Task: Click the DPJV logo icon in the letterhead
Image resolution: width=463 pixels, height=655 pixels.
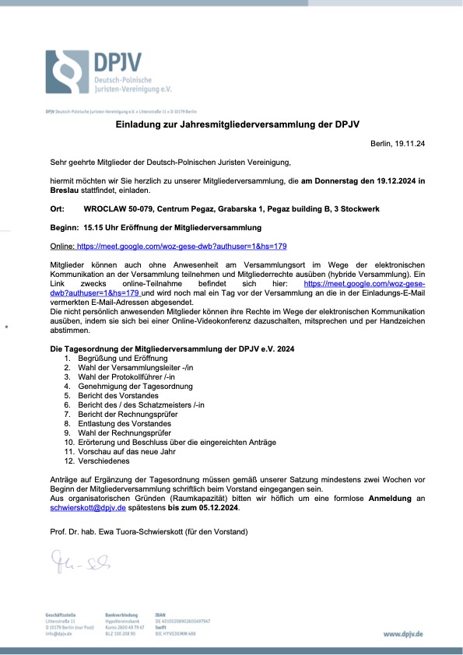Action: click(68, 72)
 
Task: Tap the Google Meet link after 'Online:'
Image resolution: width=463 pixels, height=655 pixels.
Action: click(182, 246)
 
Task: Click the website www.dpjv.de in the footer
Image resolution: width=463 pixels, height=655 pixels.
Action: click(403, 634)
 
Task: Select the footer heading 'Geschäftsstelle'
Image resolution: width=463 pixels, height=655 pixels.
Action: click(61, 615)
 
